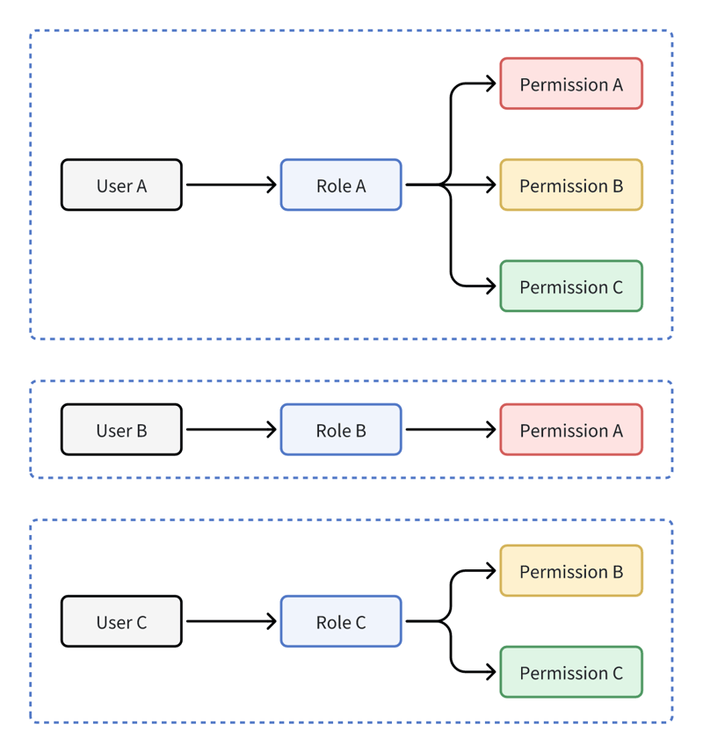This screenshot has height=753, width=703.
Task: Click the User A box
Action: coord(121,185)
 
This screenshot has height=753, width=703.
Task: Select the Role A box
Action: coord(341,185)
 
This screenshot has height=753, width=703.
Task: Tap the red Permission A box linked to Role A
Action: coord(571,84)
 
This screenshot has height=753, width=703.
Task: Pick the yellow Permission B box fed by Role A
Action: coord(571,185)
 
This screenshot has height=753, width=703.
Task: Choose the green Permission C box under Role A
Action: coord(571,286)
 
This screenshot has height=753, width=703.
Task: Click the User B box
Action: coord(121,431)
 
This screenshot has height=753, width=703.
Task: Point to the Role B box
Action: coord(341,431)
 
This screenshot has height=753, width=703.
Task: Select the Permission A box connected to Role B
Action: coord(571,431)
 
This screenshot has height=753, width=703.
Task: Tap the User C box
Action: coord(121,622)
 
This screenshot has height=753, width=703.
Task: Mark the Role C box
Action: coord(341,622)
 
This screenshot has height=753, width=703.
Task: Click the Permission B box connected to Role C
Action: coord(571,571)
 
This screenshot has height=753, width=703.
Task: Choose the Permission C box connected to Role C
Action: coord(571,673)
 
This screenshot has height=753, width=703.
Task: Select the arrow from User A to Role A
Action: coord(230,185)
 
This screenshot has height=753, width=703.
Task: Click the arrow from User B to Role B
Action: coord(230,431)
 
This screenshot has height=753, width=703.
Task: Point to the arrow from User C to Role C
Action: coord(230,622)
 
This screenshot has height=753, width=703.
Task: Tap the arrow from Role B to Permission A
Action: coord(450,431)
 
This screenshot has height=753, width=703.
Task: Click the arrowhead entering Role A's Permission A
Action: coord(490,84)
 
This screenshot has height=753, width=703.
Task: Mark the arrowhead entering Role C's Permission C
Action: coord(490,673)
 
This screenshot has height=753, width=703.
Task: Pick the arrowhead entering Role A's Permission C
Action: coord(490,286)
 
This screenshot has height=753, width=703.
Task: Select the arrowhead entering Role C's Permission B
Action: coord(490,571)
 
